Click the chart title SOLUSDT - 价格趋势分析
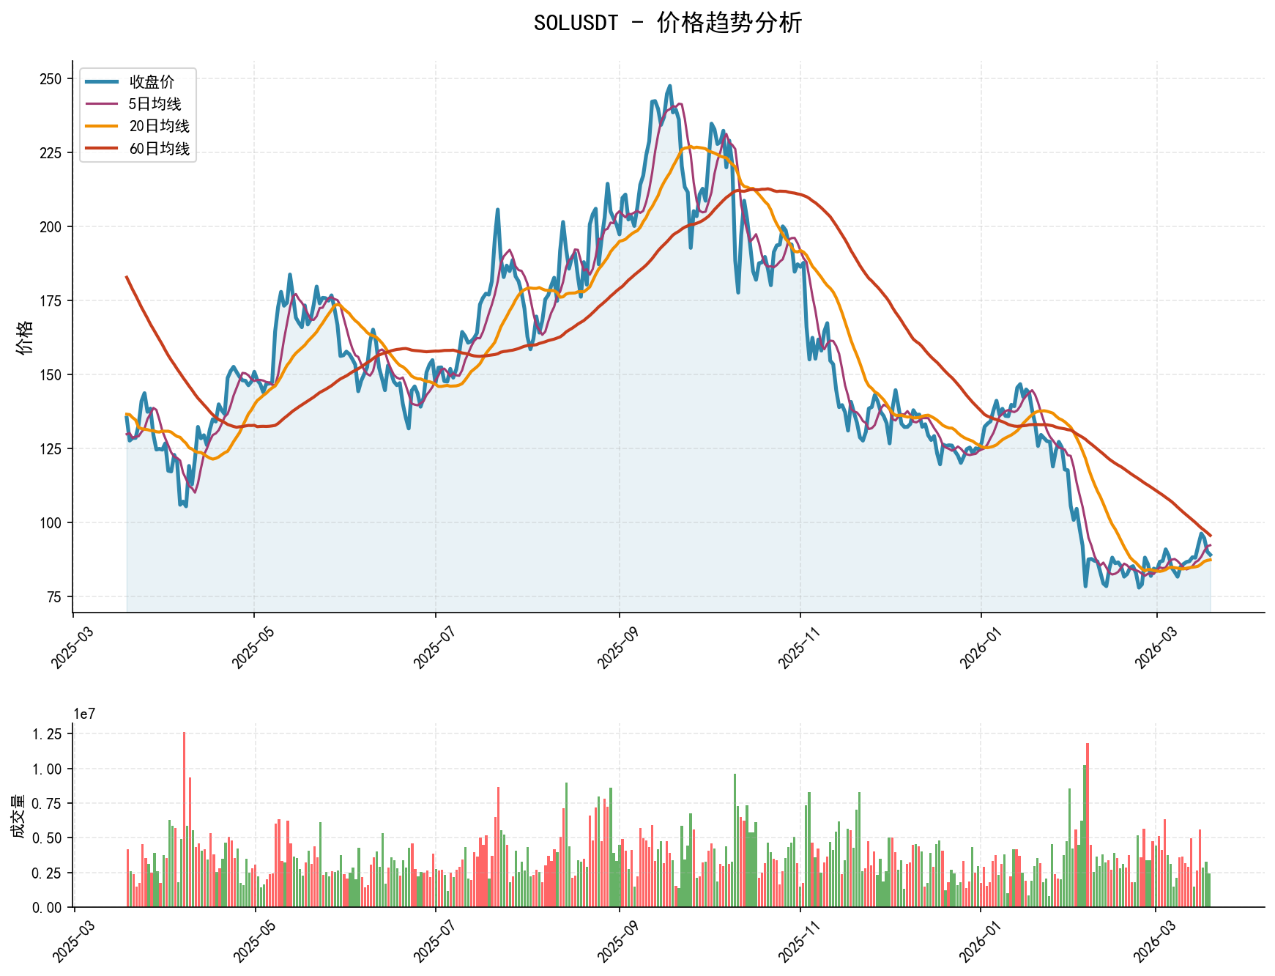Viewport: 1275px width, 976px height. [x=667, y=23]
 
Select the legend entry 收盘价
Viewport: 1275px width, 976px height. [x=152, y=82]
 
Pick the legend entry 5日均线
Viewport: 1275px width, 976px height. [x=155, y=104]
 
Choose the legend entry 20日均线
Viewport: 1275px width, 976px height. [x=159, y=126]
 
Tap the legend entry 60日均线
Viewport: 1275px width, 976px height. [x=159, y=149]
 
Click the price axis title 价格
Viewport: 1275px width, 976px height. [x=25, y=337]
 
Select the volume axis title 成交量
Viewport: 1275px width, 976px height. [x=18, y=816]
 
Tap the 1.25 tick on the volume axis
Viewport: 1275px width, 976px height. [x=48, y=734]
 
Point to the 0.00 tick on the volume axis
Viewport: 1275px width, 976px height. [x=48, y=908]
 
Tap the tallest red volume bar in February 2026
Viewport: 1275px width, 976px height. [x=1088, y=825]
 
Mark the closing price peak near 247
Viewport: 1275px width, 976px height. [x=669, y=86]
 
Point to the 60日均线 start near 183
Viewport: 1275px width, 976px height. [x=127, y=277]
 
